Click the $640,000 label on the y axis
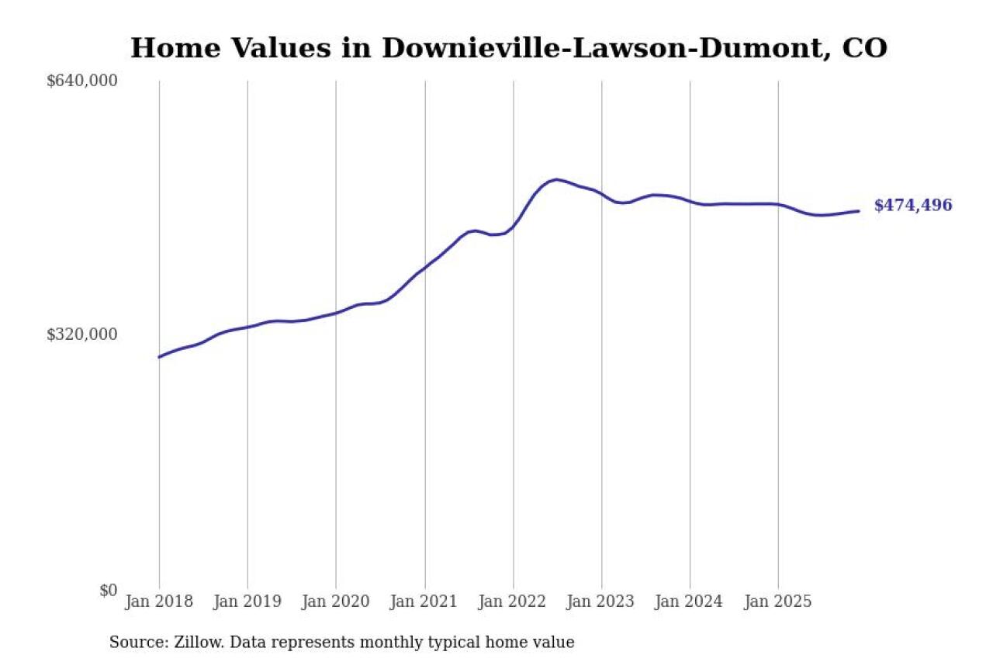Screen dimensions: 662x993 [81, 81]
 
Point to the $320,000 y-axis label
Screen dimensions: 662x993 [81, 334]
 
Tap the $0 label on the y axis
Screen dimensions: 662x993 [108, 590]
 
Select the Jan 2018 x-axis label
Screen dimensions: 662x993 [159, 602]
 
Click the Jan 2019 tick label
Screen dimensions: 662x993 [247, 602]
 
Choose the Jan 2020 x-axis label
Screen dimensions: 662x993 [336, 602]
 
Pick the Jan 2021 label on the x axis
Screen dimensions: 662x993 [425, 602]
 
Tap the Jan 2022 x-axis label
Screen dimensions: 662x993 [514, 602]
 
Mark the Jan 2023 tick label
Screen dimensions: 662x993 [602, 602]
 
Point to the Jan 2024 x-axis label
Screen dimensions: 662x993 [690, 602]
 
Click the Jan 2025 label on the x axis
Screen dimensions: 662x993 [779, 602]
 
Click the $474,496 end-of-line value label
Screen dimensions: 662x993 [913, 206]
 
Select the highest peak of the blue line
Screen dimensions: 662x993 [556, 179]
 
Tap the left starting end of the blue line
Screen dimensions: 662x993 [159, 357]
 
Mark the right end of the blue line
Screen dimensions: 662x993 [858, 211]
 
